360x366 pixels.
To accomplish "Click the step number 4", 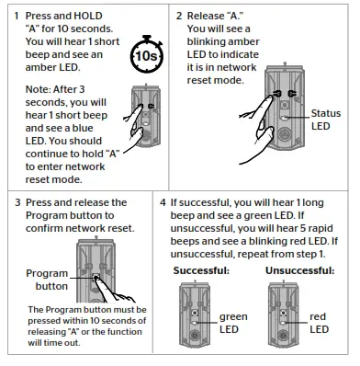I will (163, 201).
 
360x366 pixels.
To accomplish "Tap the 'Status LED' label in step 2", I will (326, 120).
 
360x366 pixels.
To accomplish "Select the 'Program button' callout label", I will (45, 280).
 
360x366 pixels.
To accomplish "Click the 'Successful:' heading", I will (201, 271).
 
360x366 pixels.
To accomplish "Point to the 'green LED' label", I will (233, 322).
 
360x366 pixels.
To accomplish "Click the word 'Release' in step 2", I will (208, 17).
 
